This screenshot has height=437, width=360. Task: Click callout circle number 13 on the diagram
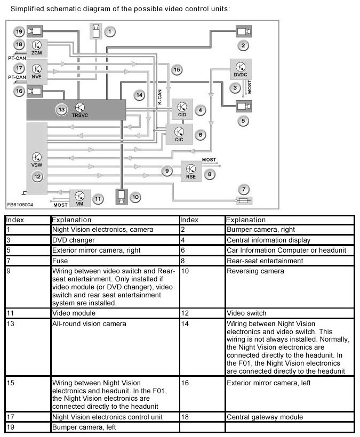coord(62,109)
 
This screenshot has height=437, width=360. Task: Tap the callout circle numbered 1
coord(110,31)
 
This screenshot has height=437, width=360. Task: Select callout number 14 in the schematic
coord(139,95)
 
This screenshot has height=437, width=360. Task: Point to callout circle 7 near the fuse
coord(244,189)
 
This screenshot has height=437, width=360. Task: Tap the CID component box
coord(181,108)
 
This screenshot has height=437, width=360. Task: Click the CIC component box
coord(179,133)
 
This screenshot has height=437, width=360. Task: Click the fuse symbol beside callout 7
coord(244,201)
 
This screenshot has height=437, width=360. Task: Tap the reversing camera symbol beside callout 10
coord(122,197)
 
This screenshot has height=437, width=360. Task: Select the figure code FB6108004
coord(20,204)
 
